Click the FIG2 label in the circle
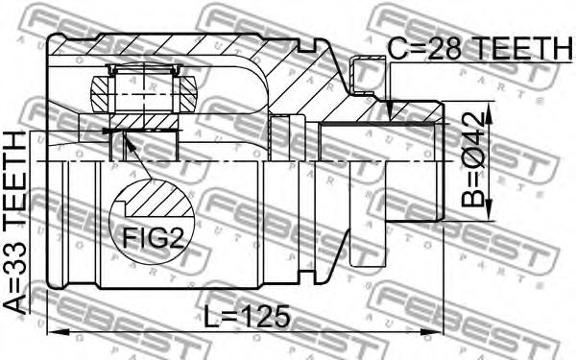coord(153,237)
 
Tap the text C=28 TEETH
coord(481,48)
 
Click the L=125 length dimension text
coord(247,316)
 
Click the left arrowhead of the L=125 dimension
coord(59,332)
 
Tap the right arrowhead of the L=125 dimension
coord(432,332)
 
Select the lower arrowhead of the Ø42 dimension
coord(489,210)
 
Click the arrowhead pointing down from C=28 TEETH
coord(392,109)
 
